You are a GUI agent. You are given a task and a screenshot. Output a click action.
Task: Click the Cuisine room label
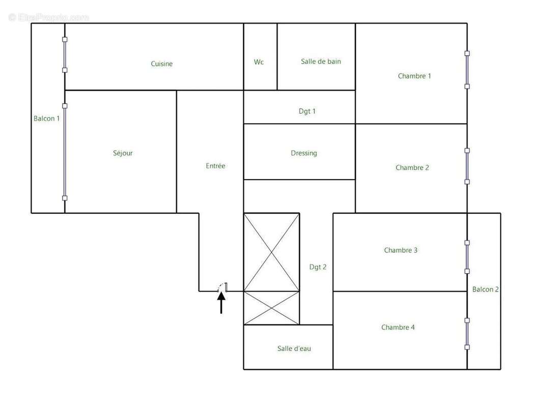click(x=162, y=64)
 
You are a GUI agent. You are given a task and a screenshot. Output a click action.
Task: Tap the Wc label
click(x=259, y=62)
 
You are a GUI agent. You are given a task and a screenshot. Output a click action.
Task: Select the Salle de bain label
click(x=321, y=62)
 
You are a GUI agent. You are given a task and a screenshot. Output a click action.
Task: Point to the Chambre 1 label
click(x=414, y=76)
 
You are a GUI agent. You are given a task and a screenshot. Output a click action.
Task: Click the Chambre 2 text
click(x=412, y=167)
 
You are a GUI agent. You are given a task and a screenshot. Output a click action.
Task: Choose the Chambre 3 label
click(x=400, y=250)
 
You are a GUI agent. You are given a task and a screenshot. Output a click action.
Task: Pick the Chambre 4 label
click(x=398, y=327)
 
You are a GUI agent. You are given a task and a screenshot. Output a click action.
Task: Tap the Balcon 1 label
click(x=46, y=119)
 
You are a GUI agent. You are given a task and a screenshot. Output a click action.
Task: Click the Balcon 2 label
click(x=485, y=289)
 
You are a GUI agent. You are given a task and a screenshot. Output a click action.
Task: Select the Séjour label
click(x=123, y=153)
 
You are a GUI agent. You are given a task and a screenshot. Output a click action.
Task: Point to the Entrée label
click(x=215, y=166)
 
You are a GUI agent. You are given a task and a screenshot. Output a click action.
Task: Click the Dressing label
click(x=304, y=153)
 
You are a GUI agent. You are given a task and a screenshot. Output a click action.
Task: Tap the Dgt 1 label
click(x=307, y=111)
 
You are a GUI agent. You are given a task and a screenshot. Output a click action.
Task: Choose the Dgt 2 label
click(x=318, y=267)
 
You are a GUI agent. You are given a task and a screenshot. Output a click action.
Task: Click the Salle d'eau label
click(x=294, y=348)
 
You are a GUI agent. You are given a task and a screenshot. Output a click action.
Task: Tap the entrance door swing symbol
click(x=222, y=287)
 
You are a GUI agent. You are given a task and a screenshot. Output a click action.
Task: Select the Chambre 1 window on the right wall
click(x=467, y=70)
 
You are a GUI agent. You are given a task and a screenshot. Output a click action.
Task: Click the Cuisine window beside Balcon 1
click(x=65, y=55)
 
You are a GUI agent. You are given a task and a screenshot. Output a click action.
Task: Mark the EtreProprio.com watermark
click(x=49, y=17)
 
